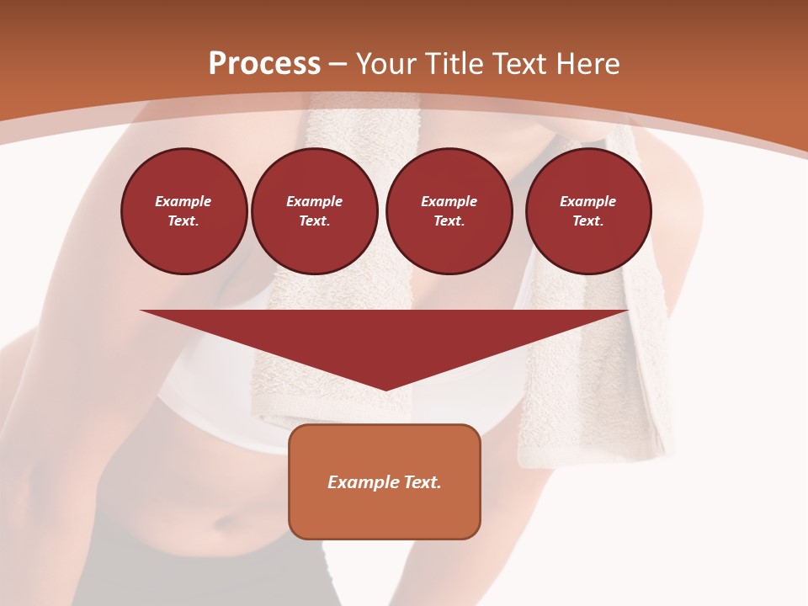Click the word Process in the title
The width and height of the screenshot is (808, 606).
(x=264, y=64)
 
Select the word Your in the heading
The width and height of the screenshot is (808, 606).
(x=386, y=64)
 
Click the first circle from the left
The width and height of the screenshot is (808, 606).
(x=184, y=211)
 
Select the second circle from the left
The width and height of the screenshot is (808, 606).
(x=315, y=211)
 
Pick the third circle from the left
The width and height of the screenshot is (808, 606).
(x=449, y=211)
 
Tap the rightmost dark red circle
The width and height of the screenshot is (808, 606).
(x=588, y=211)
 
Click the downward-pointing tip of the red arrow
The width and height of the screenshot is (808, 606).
(x=385, y=388)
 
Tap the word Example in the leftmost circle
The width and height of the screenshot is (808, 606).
(x=183, y=202)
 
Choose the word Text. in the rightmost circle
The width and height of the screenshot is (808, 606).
(x=588, y=221)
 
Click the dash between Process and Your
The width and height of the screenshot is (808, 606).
(x=338, y=64)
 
